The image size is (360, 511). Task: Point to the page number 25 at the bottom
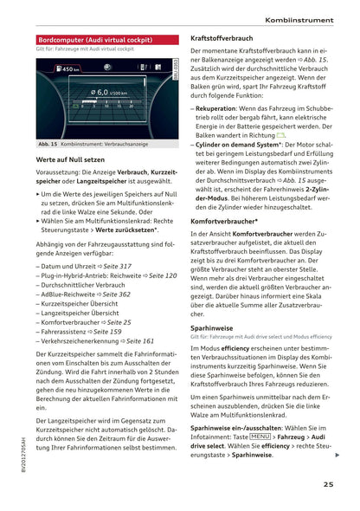pyautogui.click(x=330, y=485)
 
